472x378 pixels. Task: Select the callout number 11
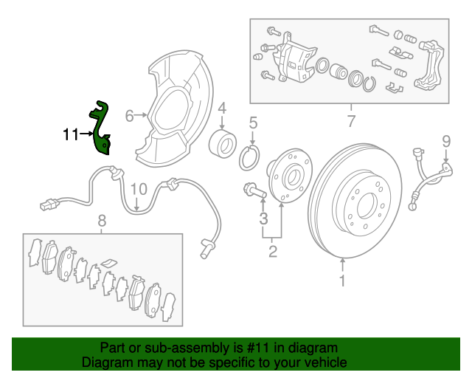pos(71,134)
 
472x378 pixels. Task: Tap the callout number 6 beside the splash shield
pos(129,116)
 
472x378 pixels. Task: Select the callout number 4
pos(221,107)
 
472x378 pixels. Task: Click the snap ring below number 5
pos(251,157)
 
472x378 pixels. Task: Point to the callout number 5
pos(252,123)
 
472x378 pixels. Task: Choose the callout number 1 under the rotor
pos(342,281)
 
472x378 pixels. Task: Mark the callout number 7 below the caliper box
pos(350,121)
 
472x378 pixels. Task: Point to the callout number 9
pos(445,140)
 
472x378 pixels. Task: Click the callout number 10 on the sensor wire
pos(139,190)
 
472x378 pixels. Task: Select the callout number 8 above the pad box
pos(102,220)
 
